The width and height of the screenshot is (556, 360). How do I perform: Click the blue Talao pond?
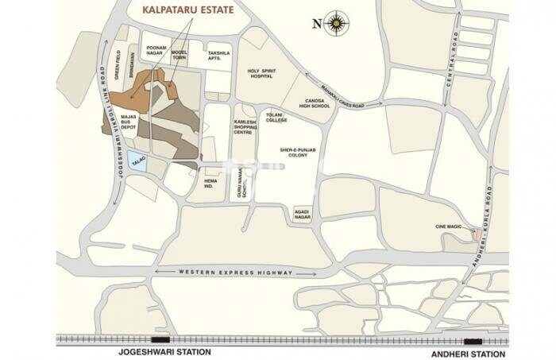137,159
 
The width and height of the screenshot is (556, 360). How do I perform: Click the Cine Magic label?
450,226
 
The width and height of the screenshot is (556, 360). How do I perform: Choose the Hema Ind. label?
210,184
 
